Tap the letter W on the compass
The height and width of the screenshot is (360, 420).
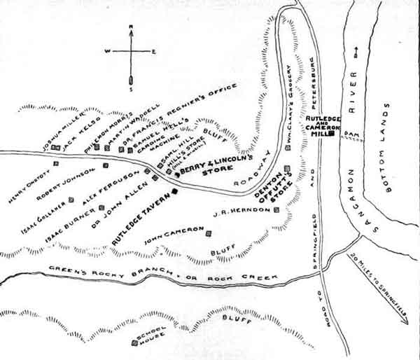(106, 51)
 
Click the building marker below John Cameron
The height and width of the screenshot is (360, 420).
(209, 241)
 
